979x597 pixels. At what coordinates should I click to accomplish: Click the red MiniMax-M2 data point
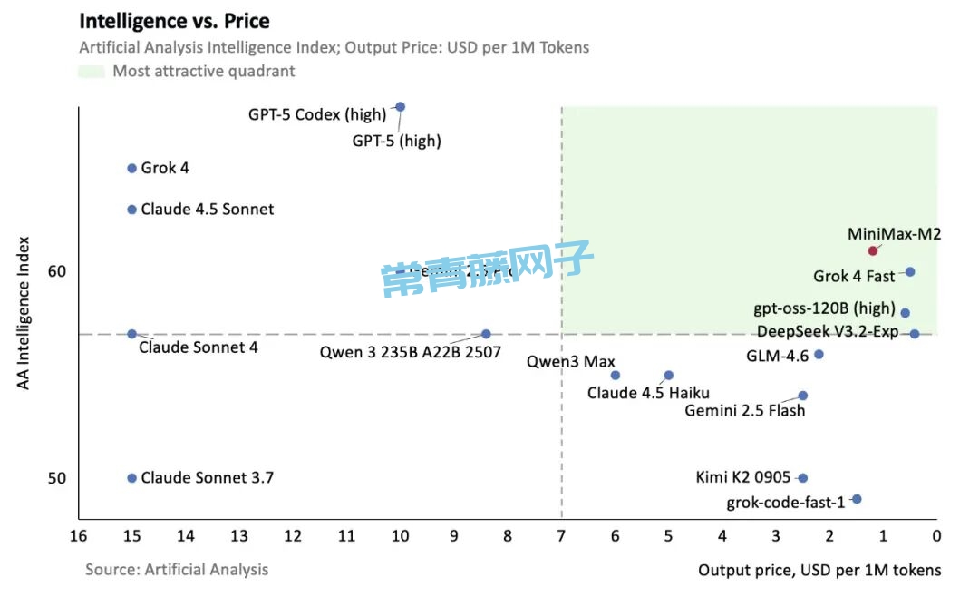[x=873, y=250]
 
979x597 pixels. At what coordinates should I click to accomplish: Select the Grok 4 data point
[x=131, y=168]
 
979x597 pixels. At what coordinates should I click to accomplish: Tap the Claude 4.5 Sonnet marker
[x=131, y=210]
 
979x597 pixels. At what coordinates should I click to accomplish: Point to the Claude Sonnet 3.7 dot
[x=131, y=478]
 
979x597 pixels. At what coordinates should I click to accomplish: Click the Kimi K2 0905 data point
[x=802, y=478]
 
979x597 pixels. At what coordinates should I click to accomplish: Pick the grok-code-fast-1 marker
[x=857, y=499]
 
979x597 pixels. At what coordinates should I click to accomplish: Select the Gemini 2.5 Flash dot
[x=802, y=396]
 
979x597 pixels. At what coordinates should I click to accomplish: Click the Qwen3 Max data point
[x=615, y=375]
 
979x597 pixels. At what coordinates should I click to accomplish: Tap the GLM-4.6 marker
[x=819, y=354]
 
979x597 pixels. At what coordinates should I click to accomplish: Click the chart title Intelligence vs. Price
[x=175, y=20]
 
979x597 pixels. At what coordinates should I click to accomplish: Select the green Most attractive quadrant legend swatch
[x=91, y=72]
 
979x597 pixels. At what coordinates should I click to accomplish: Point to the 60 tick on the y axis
[x=56, y=271]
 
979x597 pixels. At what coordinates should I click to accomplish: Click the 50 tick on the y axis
[x=56, y=478]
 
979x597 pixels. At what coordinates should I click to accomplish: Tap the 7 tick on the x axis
[x=561, y=536]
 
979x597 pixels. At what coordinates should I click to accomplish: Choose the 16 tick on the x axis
[x=79, y=536]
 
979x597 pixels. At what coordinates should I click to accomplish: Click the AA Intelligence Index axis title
[x=24, y=313]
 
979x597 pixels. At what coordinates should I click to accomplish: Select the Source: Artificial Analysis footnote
[x=177, y=570]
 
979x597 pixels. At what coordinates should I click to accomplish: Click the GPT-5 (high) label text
[x=396, y=141]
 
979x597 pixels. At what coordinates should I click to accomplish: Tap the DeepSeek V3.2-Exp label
[x=828, y=332]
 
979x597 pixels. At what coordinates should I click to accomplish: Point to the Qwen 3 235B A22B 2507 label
[x=411, y=353]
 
